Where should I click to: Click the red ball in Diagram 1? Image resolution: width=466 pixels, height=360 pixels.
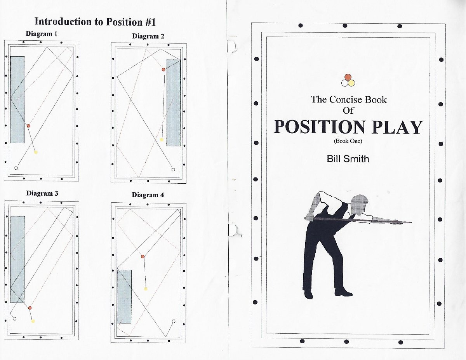click(x=28, y=126)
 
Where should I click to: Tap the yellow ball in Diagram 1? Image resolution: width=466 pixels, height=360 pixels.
click(x=36, y=153)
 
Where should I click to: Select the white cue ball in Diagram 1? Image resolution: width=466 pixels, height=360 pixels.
click(x=16, y=168)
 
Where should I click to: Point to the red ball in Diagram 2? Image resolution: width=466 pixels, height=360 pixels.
click(x=163, y=70)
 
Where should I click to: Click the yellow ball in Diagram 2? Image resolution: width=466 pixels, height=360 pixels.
click(x=162, y=140)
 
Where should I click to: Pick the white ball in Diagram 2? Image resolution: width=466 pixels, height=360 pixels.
click(x=173, y=170)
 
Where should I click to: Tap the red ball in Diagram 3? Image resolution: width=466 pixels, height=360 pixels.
click(x=30, y=308)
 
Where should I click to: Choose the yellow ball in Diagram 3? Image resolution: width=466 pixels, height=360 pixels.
click(x=33, y=321)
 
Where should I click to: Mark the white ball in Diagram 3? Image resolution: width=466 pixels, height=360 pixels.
click(x=15, y=319)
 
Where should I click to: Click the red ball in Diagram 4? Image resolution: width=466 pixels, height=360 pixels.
click(x=143, y=256)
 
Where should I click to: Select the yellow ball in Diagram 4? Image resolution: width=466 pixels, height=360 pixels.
click(x=146, y=289)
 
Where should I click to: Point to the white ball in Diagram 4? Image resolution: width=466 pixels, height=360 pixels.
click(x=174, y=321)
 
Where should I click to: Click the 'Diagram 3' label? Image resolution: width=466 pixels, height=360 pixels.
click(x=42, y=193)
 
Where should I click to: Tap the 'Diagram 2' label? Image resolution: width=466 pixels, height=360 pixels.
click(x=148, y=36)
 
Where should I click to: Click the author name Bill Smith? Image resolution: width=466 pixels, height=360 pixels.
click(x=348, y=159)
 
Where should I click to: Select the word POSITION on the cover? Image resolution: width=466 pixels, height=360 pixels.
click(x=320, y=127)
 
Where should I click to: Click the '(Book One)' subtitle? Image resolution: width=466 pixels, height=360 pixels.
click(x=348, y=141)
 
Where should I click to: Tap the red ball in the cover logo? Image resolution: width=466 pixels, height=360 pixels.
click(x=348, y=77)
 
